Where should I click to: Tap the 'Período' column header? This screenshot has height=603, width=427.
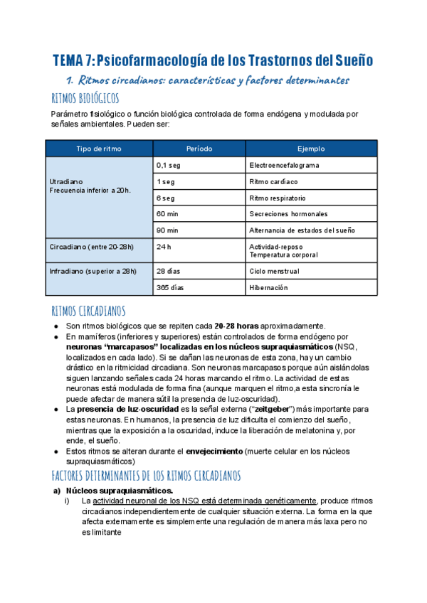click(x=199, y=149)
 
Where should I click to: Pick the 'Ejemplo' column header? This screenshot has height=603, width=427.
click(x=311, y=149)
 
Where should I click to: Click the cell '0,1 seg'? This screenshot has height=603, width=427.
click(x=168, y=165)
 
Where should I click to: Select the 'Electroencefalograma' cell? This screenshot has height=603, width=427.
click(x=284, y=165)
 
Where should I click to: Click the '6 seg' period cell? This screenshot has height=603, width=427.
click(x=165, y=198)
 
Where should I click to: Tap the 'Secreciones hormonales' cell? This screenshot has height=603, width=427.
click(x=288, y=214)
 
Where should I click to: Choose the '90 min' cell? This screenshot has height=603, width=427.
click(x=167, y=230)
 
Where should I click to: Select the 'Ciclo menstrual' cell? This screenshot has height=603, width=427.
click(x=274, y=272)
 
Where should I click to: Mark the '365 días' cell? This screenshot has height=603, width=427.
click(x=170, y=288)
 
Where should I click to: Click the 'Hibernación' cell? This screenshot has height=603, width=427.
click(x=268, y=288)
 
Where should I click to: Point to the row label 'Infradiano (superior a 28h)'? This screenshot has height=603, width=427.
click(x=93, y=272)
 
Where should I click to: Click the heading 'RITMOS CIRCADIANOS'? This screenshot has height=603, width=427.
click(x=89, y=311)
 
